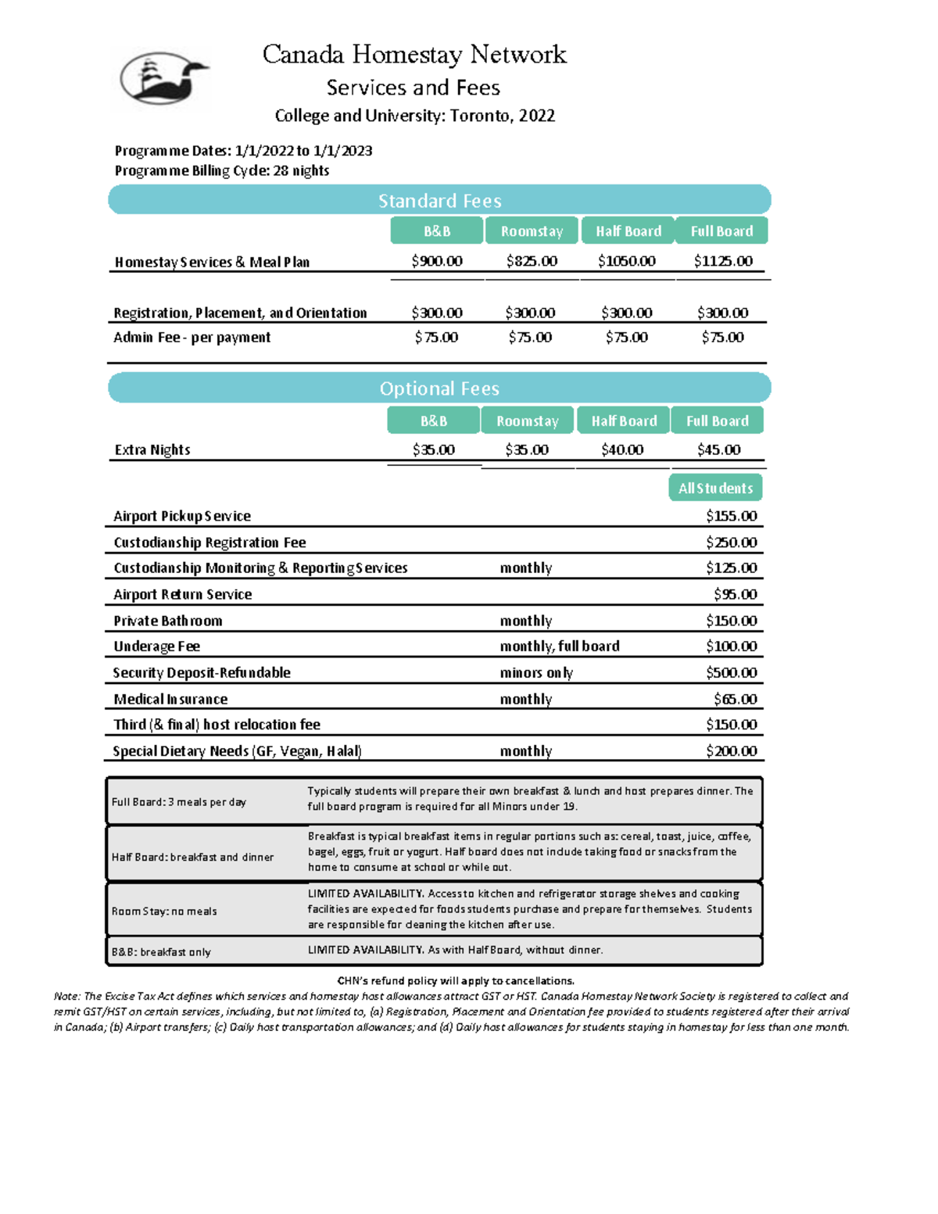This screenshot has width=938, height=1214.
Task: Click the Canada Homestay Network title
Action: [x=414, y=54]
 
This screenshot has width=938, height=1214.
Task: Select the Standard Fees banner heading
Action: [x=439, y=201]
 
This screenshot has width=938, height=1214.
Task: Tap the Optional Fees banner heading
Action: [x=439, y=389]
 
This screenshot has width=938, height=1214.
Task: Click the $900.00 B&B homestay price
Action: [x=437, y=261]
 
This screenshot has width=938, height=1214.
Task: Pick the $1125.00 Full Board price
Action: [x=723, y=261]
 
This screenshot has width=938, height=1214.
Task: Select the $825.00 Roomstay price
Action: [x=532, y=261]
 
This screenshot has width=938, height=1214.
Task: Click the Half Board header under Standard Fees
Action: [x=628, y=231]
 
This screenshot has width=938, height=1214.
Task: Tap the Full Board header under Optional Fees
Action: [x=717, y=421]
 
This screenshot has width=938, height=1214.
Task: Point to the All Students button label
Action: [x=715, y=488]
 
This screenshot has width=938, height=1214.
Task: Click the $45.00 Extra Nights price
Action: [x=718, y=449]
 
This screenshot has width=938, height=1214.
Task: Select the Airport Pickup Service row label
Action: [x=182, y=516]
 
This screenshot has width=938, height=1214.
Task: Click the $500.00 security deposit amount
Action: [x=731, y=672]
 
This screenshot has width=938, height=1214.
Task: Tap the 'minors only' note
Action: [x=536, y=672]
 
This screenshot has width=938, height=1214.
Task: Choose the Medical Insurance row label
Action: [x=170, y=699]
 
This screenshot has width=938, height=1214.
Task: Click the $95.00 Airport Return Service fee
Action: [x=735, y=594]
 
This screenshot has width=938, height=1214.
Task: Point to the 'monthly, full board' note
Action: [x=560, y=646]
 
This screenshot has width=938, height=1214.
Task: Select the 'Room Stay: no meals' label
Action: [x=164, y=911]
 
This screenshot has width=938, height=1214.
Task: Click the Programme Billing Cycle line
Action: [x=222, y=170]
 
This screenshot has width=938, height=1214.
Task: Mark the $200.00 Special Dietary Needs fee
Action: [x=731, y=750]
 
